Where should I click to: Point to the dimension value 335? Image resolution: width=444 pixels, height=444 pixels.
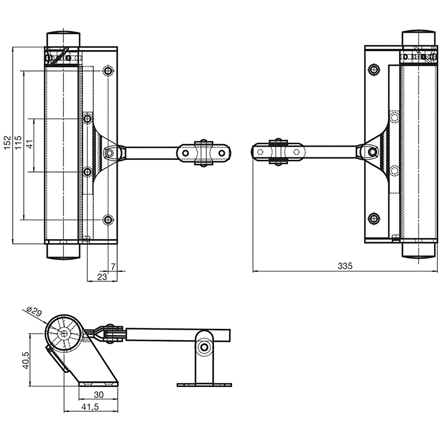click(345, 266)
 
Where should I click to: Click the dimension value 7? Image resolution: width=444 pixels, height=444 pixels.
click(113, 267)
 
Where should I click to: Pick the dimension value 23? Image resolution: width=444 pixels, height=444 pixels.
click(102, 276)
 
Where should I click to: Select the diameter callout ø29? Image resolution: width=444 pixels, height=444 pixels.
click(34, 313)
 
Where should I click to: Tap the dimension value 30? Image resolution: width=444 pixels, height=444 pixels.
click(98, 395)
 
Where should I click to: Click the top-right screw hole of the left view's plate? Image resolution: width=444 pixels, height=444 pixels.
click(108, 71)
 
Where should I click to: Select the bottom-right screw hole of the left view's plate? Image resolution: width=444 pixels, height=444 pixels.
click(108, 220)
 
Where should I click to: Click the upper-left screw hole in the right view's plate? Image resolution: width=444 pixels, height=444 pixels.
click(374, 69)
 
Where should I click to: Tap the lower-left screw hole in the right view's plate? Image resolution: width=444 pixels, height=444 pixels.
click(374, 218)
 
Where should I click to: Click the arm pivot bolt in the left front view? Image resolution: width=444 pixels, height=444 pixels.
click(110, 153)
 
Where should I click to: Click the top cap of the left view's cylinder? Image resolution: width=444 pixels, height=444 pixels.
click(62, 38)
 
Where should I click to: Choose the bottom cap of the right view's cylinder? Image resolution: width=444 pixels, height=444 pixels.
click(417, 250)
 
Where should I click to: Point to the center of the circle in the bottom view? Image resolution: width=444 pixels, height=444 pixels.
click(64, 334)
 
